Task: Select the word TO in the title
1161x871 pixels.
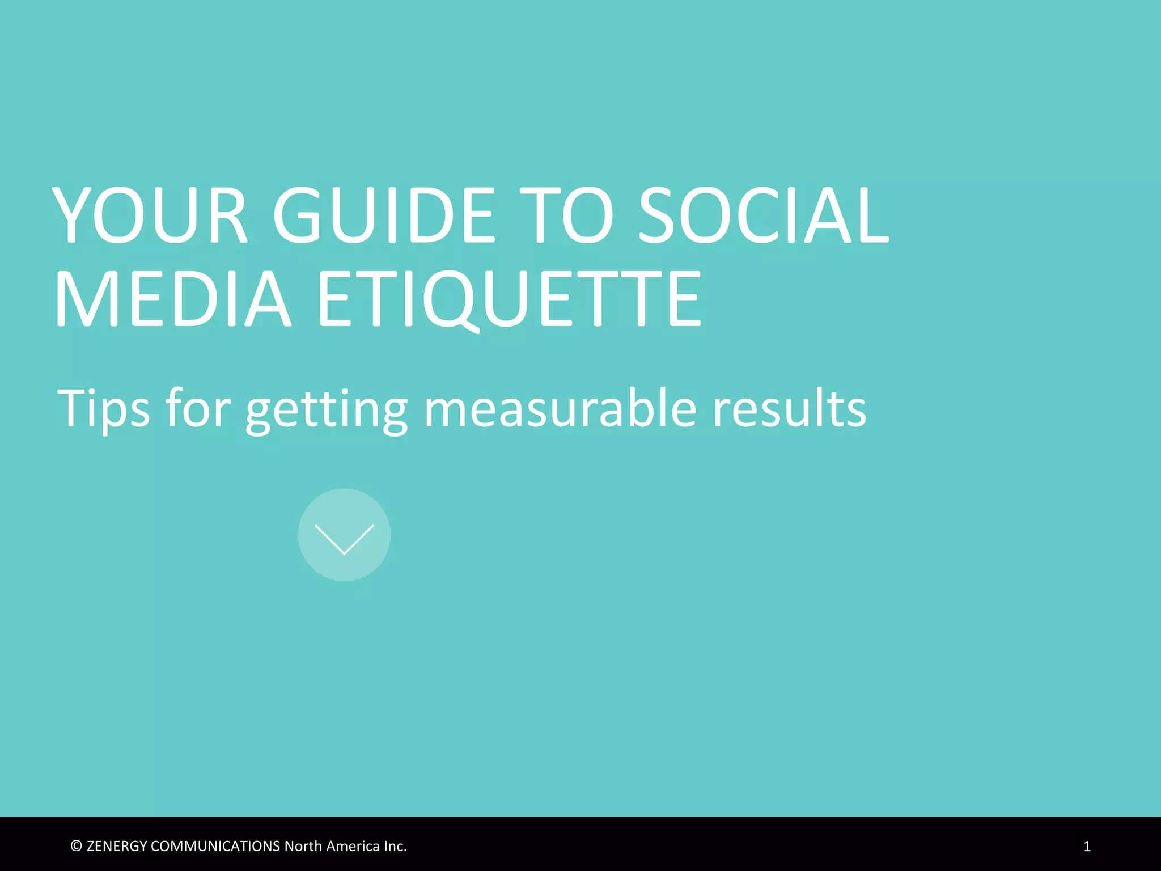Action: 567,215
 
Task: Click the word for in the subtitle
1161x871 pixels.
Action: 198,408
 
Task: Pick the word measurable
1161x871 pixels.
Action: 560,408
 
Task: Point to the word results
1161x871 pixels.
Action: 789,408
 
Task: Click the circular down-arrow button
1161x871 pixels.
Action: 344,535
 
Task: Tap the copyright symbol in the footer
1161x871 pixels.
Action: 77,846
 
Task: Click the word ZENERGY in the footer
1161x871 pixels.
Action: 117,846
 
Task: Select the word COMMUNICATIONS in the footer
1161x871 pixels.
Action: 215,846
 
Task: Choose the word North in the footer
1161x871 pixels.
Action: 303,846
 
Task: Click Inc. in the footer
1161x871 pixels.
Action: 395,846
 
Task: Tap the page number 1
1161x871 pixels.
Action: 1087,846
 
